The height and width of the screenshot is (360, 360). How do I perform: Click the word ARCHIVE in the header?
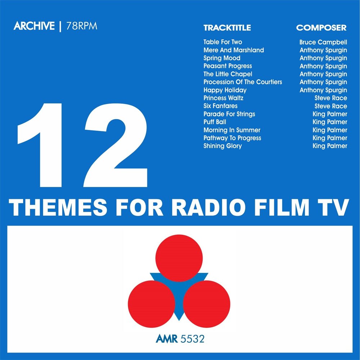[34, 26]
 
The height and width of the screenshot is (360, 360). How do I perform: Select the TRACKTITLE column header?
[227, 28]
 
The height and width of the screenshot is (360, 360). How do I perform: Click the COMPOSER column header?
[321, 28]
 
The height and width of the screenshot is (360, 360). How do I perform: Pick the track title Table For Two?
[222, 42]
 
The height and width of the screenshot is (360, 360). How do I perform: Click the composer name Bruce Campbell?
[323, 42]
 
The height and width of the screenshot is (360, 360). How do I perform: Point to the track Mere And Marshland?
[233, 50]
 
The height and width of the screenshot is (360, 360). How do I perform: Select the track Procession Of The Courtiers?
[243, 82]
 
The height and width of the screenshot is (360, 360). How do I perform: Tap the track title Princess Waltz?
[223, 98]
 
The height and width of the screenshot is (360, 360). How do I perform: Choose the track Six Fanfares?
[220, 106]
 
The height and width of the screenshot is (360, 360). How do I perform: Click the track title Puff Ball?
[215, 122]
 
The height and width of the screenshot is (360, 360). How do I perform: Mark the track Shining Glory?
[222, 146]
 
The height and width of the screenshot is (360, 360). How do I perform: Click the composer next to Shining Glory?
[330, 146]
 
